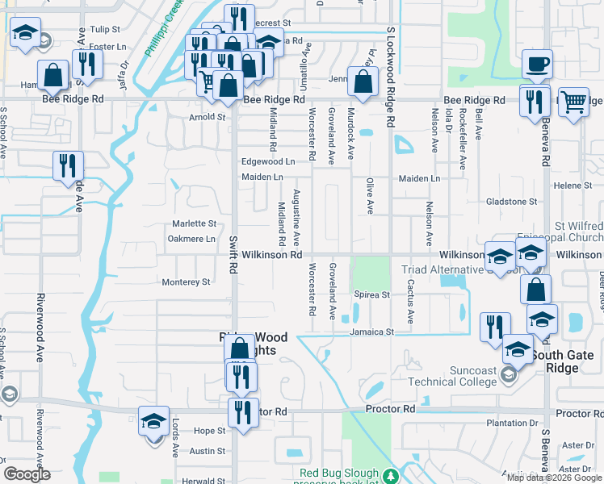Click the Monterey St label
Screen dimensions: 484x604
(x=186, y=282)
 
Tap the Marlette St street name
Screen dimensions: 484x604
(x=194, y=223)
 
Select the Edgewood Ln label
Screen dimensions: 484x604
(x=268, y=161)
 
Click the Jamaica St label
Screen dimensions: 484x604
(x=371, y=332)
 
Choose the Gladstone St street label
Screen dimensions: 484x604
(x=511, y=201)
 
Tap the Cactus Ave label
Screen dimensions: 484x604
(x=410, y=301)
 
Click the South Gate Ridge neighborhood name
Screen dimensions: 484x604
(x=567, y=361)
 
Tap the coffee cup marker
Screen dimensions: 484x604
(x=536, y=64)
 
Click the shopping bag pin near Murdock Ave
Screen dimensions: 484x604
(x=364, y=80)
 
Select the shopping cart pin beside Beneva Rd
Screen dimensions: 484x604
(x=573, y=102)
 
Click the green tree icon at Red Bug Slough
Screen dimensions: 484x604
(x=392, y=476)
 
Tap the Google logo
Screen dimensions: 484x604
(x=27, y=474)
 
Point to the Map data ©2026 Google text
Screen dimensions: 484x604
(x=554, y=478)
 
